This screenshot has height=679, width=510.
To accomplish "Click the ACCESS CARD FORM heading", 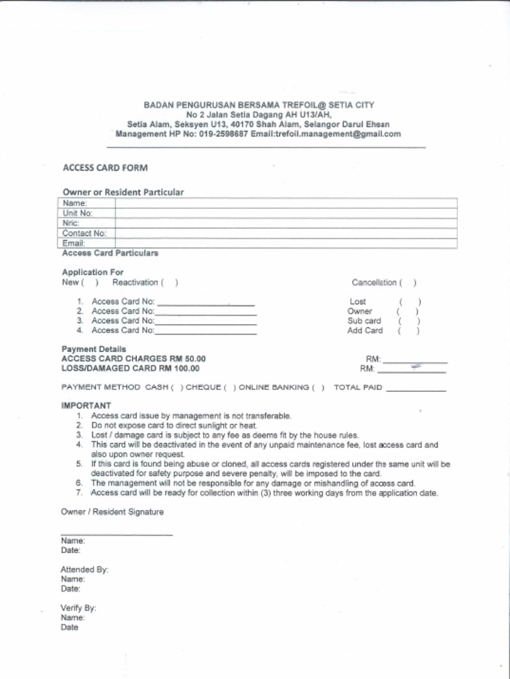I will tap(105, 168).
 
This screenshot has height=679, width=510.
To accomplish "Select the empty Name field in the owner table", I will tap(286, 203).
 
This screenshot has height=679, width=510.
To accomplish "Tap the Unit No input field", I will tap(286, 213).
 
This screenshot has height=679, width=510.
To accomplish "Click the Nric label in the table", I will tap(71, 223).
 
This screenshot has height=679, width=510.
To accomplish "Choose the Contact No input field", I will tap(286, 233).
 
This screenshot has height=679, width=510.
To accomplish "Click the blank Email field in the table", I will tap(286, 243).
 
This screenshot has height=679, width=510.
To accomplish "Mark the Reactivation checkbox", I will tap(170, 282).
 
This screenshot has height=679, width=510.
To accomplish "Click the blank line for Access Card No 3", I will tap(205, 322).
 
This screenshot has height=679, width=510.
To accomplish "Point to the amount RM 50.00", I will tap(190, 359).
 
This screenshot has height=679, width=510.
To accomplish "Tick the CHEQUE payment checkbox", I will tap(230, 387).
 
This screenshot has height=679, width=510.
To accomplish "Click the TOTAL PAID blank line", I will tap(416, 389).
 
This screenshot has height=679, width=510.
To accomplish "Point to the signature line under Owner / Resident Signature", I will tap(116, 533).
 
